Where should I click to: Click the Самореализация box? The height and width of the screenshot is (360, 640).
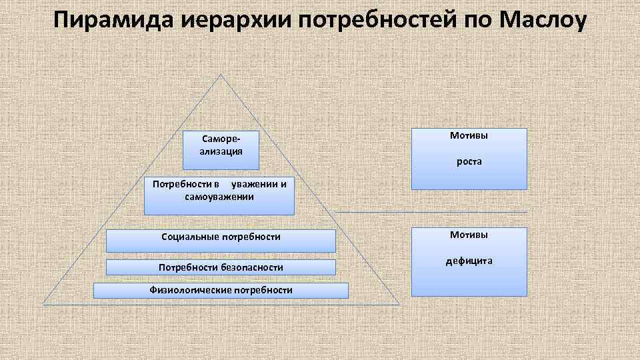(221, 150)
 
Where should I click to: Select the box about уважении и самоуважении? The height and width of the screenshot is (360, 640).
(219, 195)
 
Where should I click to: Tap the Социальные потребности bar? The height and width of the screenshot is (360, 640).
(221, 240)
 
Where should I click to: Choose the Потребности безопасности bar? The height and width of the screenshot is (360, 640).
(221, 267)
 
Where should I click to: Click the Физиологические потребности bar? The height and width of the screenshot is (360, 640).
(221, 290)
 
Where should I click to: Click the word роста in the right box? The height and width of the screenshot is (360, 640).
(469, 161)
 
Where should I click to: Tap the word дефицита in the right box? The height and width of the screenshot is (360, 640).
(469, 261)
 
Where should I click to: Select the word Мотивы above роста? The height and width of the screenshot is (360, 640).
(469, 135)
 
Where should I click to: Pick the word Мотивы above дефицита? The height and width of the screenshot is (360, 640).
(469, 235)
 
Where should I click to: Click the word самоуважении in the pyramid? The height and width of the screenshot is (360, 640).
(219, 197)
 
